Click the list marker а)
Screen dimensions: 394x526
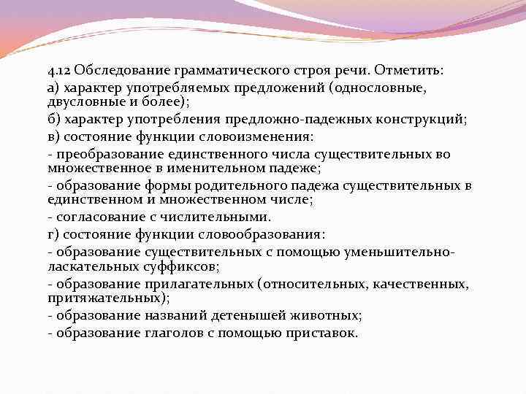[x=52, y=88]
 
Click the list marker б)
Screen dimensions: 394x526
[x=52, y=119]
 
